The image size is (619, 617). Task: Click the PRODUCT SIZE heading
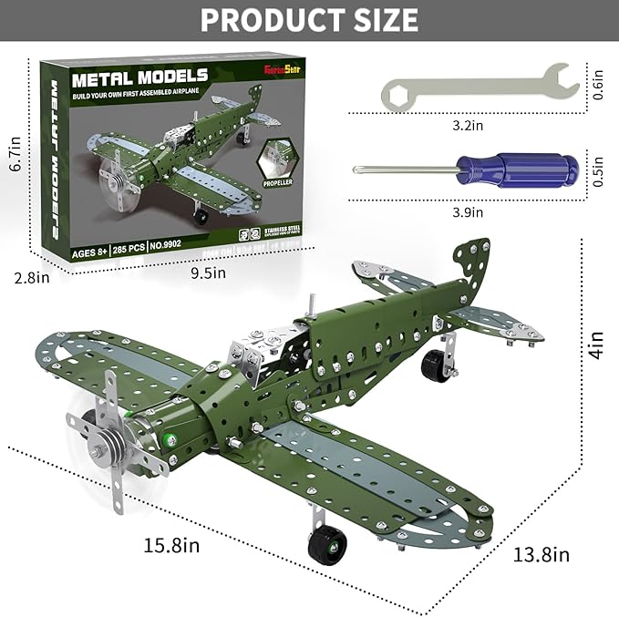[309, 19]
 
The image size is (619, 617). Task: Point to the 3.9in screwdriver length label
[467, 212]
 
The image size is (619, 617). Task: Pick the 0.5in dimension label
[597, 170]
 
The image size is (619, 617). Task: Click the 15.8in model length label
[170, 545]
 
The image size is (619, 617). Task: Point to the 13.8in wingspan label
[540, 553]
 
